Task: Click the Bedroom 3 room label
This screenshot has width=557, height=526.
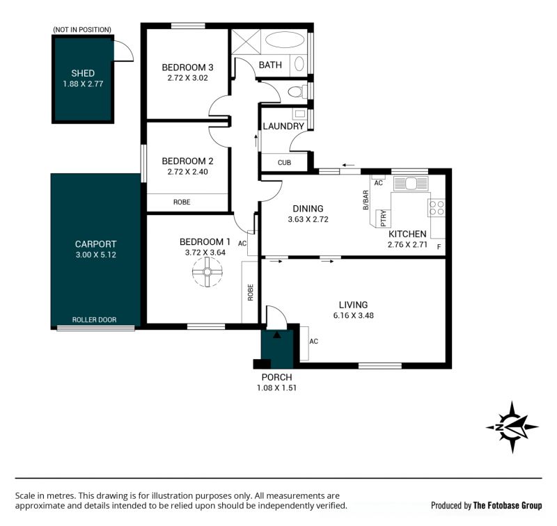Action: [187, 67]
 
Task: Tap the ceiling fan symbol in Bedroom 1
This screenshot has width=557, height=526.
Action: [207, 272]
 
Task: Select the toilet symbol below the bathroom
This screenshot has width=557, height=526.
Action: [297, 92]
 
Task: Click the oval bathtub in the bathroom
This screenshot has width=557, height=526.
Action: [285, 40]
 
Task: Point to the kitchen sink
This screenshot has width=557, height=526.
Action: [411, 184]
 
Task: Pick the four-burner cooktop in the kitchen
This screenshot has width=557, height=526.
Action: [437, 208]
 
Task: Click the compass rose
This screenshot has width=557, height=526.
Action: [512, 427]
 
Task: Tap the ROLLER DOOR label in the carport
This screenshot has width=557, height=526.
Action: [94, 320]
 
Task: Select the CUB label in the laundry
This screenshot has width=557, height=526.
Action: [284, 163]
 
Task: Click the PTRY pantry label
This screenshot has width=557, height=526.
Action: [384, 218]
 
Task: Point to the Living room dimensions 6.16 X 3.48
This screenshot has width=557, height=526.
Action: [354, 315]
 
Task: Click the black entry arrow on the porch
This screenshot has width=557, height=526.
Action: [276, 335]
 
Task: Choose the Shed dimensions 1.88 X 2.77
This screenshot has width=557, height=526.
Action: [83, 83]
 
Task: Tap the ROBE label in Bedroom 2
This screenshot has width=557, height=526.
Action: [182, 202]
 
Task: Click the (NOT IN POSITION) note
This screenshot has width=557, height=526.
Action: [82, 30]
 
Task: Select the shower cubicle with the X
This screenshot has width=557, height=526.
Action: [246, 42]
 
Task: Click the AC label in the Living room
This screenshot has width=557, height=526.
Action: [314, 342]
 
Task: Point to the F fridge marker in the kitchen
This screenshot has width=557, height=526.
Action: [439, 247]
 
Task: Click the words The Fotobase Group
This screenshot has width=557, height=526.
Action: [508, 505]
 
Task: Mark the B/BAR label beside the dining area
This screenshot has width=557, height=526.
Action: [366, 200]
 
